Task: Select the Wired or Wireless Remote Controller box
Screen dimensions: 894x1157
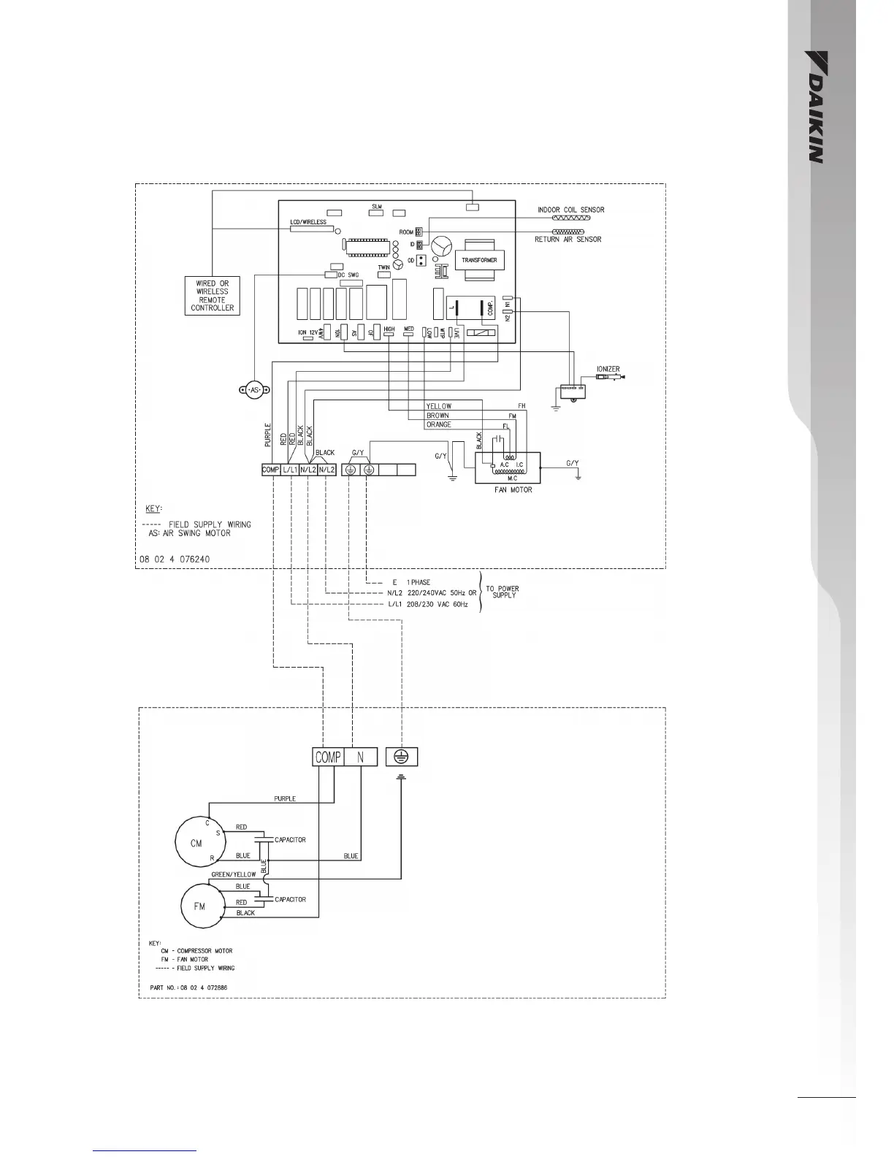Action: coord(212,296)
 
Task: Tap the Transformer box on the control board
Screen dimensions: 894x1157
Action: coord(479,260)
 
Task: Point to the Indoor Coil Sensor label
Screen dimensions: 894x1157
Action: coord(570,210)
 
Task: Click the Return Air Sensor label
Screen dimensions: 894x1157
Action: coord(568,240)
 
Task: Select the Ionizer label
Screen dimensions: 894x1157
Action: coord(608,370)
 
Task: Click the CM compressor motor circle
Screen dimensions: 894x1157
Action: coord(196,843)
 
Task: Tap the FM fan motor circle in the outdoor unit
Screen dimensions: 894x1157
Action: coord(199,906)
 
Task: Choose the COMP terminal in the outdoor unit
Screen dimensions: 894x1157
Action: coord(328,757)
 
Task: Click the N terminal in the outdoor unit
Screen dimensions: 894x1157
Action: coord(360,757)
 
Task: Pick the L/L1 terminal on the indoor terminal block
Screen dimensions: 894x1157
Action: coord(290,470)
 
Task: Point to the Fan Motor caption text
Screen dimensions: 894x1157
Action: coord(513,490)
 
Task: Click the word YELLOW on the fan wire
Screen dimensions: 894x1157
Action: coord(439,406)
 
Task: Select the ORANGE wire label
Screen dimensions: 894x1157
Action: coord(439,424)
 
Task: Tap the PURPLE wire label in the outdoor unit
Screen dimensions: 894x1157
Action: coord(285,799)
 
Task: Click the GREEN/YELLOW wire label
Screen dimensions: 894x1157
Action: coord(234,874)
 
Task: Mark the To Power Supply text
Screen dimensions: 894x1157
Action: coord(504,592)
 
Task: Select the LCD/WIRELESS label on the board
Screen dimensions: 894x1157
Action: coord(308,222)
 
